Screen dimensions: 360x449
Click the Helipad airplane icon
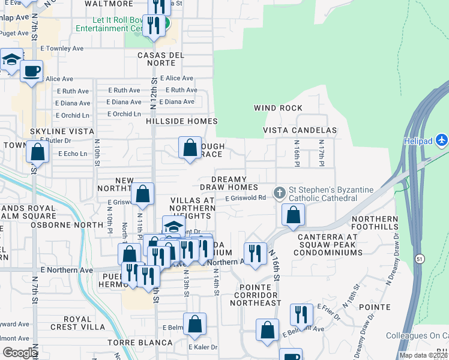click(442, 140)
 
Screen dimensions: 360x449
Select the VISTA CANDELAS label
click(300, 130)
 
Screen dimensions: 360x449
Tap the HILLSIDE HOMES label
click(181, 121)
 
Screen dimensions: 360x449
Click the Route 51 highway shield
click(420, 258)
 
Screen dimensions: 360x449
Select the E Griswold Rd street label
click(245, 197)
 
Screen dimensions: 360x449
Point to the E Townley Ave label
click(62, 48)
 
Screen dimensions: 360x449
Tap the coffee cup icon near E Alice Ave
click(31, 71)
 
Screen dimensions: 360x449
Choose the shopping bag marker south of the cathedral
click(293, 215)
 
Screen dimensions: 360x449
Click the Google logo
click(20, 353)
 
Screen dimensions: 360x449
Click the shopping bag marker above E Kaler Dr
click(194, 325)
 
